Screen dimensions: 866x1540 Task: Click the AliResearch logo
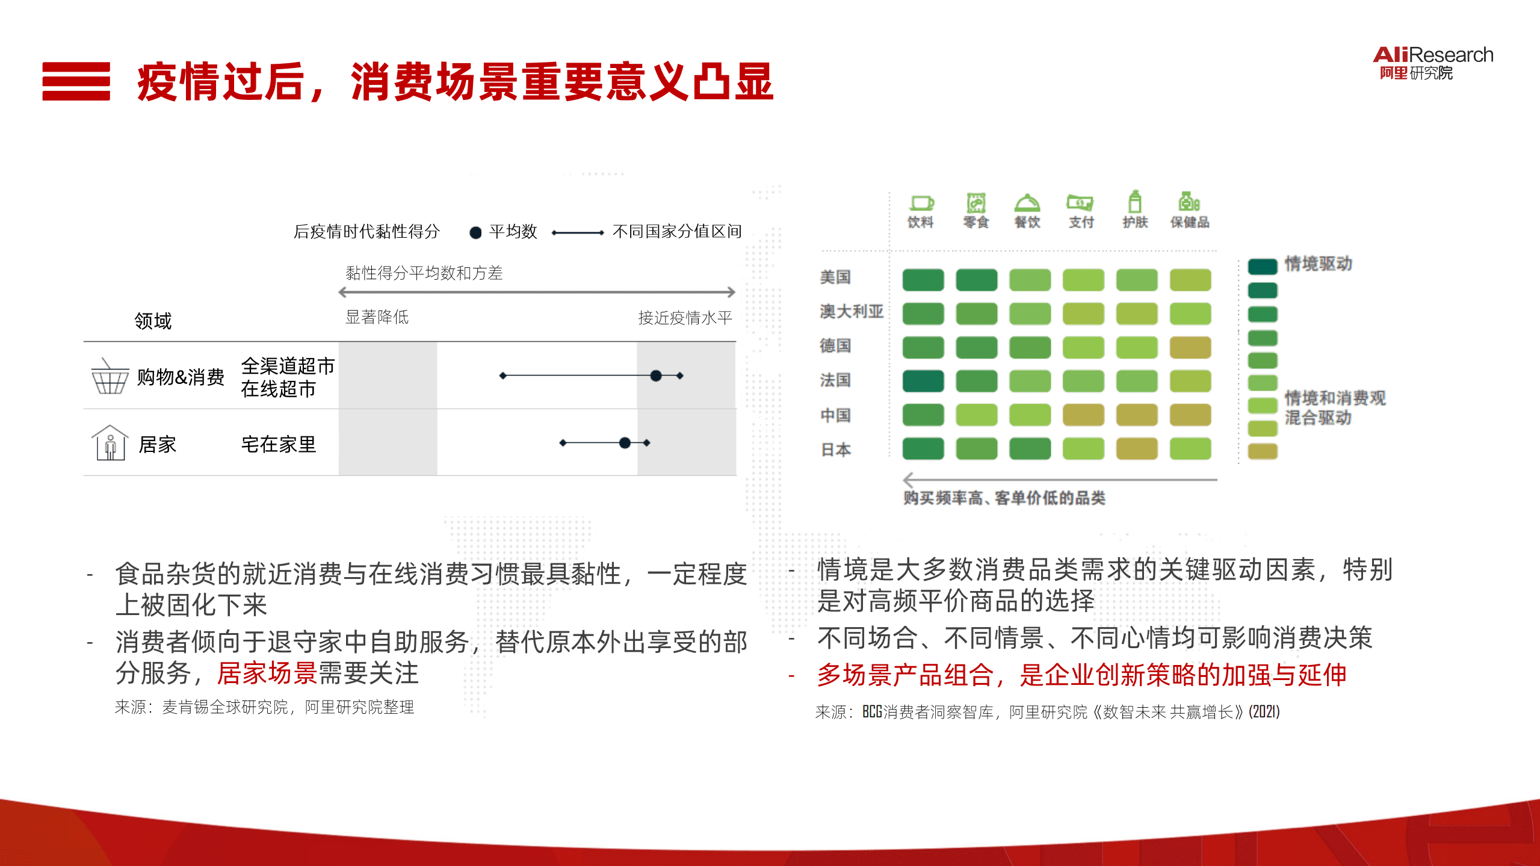1432,63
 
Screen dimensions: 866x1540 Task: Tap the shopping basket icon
110,377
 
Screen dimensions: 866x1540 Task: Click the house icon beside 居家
110,444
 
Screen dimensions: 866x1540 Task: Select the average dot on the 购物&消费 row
656,376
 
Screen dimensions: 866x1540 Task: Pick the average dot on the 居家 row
625,443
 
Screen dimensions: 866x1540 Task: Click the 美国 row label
835,277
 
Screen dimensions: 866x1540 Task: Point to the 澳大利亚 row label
851,312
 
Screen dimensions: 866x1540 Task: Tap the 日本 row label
836,450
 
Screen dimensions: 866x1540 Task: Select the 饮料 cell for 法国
923,381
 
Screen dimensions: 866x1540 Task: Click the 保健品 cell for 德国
1190,347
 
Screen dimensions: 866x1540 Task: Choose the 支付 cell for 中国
1083,415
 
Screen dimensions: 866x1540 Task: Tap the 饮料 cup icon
921,203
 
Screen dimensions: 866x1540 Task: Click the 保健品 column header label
1189,223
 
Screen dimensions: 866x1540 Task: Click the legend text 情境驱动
1318,264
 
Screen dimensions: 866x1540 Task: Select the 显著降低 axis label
377,317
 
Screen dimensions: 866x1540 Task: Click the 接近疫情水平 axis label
685,318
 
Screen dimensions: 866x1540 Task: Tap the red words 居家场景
267,673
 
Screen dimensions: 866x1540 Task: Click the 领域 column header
153,321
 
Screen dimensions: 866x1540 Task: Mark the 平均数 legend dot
475,233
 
